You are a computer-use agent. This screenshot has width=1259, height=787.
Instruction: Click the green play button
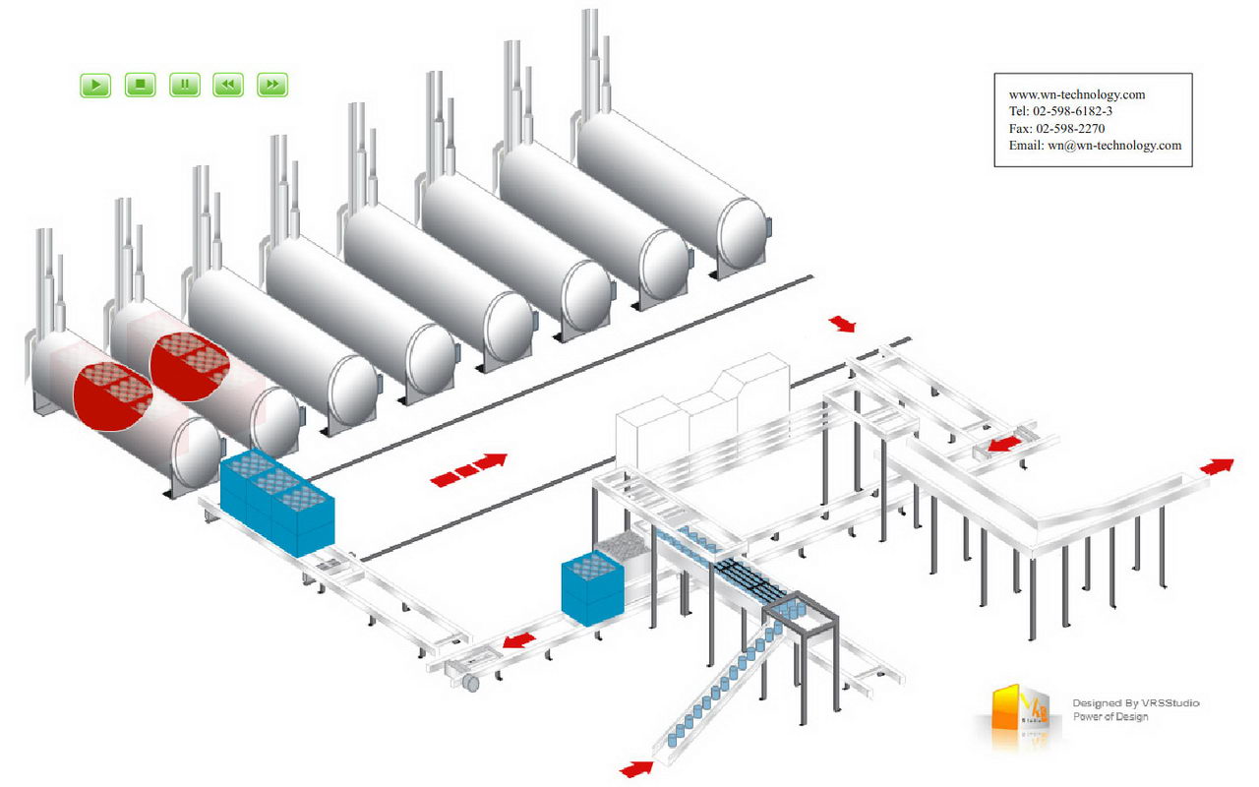(95, 86)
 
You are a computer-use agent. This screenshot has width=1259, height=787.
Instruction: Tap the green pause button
(185, 86)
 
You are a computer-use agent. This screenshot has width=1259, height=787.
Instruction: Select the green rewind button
(228, 86)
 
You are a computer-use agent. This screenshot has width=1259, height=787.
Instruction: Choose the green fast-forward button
(272, 86)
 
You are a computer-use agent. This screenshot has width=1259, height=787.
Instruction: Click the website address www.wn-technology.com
(1077, 94)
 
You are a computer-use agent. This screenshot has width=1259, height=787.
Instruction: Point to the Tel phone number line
(1060, 111)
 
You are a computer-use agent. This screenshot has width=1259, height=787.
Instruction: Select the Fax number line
(1056, 128)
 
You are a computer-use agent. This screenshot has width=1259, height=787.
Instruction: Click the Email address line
(1095, 146)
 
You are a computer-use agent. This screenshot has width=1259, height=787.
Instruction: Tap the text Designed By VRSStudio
(1135, 703)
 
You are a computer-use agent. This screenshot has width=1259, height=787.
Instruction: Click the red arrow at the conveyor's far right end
(1217, 465)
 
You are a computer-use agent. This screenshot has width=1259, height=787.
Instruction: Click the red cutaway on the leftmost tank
(113, 395)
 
